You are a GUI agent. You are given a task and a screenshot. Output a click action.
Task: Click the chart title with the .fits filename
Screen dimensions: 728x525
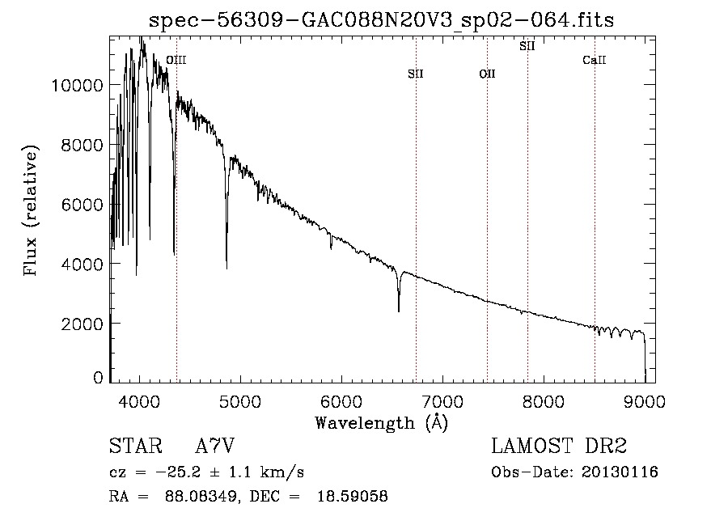(381, 20)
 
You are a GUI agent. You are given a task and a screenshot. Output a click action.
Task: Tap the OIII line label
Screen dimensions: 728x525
(176, 61)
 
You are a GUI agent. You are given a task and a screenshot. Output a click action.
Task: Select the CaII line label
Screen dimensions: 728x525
(595, 60)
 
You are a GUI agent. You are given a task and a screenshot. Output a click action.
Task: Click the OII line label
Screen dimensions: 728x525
(488, 74)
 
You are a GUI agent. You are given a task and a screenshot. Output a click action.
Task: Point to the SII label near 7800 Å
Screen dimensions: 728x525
(527, 46)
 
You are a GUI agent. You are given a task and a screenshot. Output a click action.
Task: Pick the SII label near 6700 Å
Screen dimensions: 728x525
(416, 74)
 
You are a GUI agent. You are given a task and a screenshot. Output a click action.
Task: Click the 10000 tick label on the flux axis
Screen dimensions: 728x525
(77, 86)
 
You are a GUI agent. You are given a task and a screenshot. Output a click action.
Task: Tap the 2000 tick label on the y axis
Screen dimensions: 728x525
(83, 324)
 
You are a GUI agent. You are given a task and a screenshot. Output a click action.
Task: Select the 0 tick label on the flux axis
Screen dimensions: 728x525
(98, 378)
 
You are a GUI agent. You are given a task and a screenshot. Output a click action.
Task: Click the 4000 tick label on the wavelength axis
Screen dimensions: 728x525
(139, 401)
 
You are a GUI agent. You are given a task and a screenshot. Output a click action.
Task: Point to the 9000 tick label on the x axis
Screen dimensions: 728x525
(645, 401)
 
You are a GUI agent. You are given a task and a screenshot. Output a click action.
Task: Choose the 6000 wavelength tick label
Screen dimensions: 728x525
(341, 401)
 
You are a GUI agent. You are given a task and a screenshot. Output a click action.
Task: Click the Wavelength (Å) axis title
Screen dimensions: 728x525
(382, 423)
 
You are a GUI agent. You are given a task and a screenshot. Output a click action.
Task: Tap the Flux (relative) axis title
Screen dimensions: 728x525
(30, 210)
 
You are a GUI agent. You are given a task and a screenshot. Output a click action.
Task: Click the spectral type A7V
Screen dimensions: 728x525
(215, 446)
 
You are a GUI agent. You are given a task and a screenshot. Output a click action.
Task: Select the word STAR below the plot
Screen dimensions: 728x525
(136, 446)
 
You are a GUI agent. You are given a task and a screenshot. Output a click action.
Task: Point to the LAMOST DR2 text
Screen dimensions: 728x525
(559, 446)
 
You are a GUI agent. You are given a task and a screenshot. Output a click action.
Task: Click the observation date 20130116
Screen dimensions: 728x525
(620, 472)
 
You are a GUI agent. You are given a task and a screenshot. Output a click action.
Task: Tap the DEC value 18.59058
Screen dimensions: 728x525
(353, 496)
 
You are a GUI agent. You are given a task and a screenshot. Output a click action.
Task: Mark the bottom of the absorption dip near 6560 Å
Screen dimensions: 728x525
(399, 311)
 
